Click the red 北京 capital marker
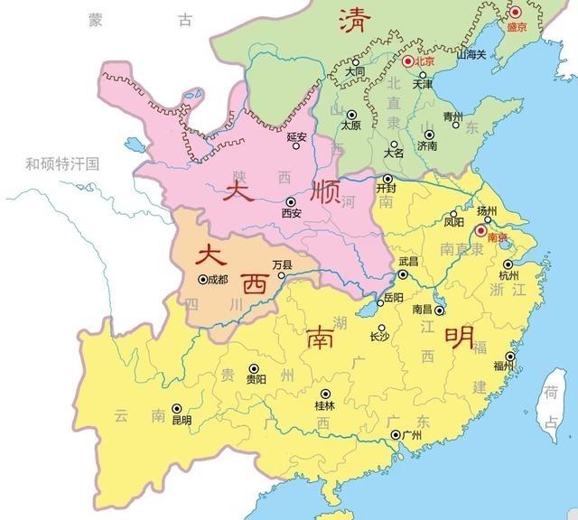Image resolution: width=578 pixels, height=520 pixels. pyautogui.click(x=407, y=60)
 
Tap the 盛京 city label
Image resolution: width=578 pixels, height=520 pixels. pyautogui.click(x=516, y=28)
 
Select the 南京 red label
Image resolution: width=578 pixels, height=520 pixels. pyautogui.click(x=497, y=237)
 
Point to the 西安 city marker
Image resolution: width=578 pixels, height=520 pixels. pyautogui.click(x=290, y=202)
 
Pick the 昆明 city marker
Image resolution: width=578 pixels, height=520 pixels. pyautogui.click(x=177, y=408)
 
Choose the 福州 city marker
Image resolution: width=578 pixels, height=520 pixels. pyautogui.click(x=510, y=357)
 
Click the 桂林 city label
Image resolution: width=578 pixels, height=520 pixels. pyautogui.click(x=324, y=406)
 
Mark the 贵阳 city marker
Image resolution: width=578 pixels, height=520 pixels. pyautogui.click(x=254, y=368)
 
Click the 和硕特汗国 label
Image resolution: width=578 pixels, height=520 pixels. pyautogui.click(x=61, y=163)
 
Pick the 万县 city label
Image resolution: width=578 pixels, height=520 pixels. pyautogui.click(x=283, y=265)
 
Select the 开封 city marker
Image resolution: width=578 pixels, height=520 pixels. pyautogui.click(x=387, y=179)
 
